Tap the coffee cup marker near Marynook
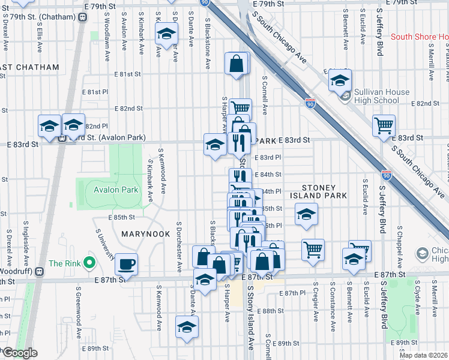pos(126,264)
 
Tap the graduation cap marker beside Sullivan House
pos(340,81)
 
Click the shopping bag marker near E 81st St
pos(237,63)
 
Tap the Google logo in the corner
pos(19,353)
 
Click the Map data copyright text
pos(424,355)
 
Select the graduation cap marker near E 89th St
pos(187,328)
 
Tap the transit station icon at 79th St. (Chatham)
pos(82,16)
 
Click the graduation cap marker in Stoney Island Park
pos(306,215)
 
